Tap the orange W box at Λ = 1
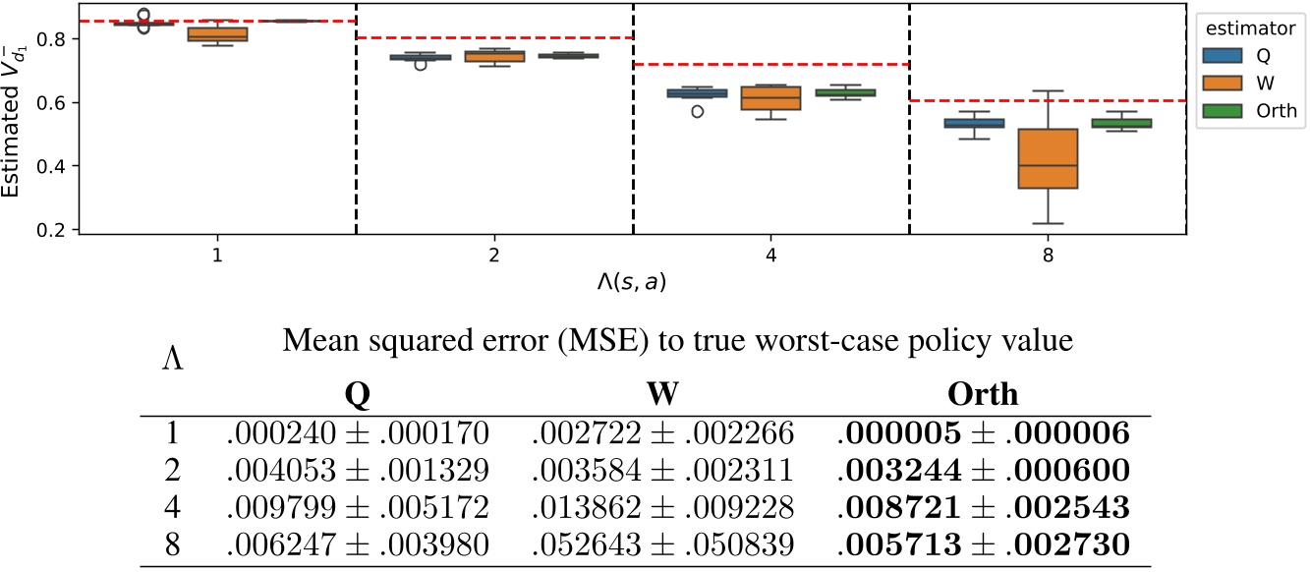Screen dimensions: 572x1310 click(x=217, y=34)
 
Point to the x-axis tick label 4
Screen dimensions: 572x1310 click(x=769, y=254)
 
